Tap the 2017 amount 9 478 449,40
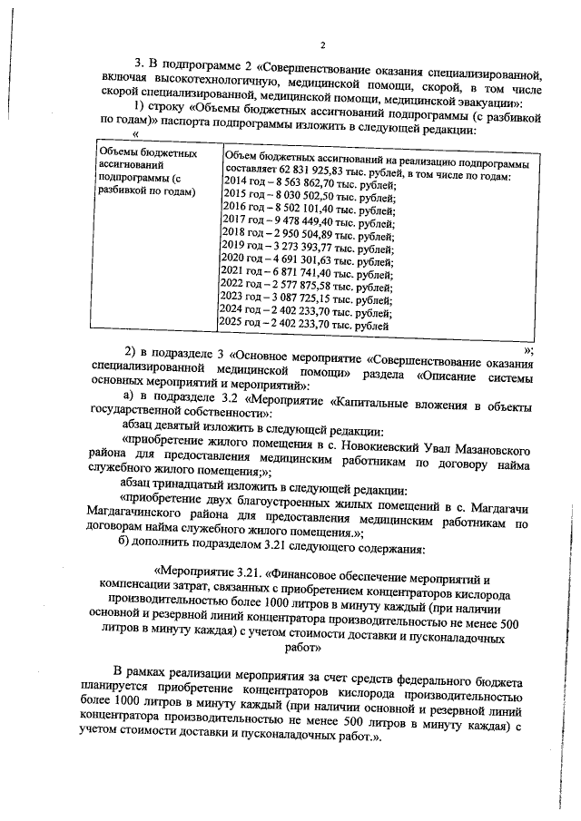tap(308, 221)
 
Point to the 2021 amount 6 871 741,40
tap(308, 272)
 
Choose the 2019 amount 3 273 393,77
tap(308, 247)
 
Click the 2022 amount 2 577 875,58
tap(308, 286)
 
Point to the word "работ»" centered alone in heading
tap(304, 650)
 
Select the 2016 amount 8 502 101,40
tap(308, 209)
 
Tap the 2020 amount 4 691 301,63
tap(308, 259)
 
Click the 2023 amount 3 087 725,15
tap(308, 298)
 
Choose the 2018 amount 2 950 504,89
tap(308, 234)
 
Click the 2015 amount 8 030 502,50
tap(308, 196)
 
